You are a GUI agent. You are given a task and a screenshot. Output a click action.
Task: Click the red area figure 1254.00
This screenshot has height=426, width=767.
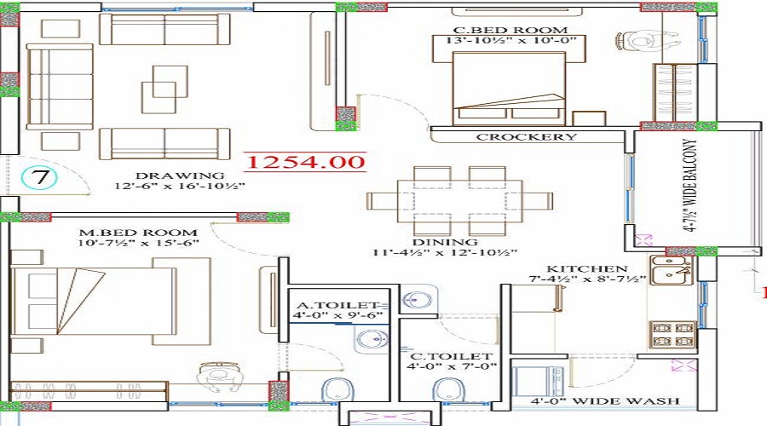click(305, 161)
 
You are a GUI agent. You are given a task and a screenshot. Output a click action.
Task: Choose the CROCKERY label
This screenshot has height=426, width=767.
click(526, 136)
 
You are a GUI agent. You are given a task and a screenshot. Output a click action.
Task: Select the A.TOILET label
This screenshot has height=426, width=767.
click(338, 304)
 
